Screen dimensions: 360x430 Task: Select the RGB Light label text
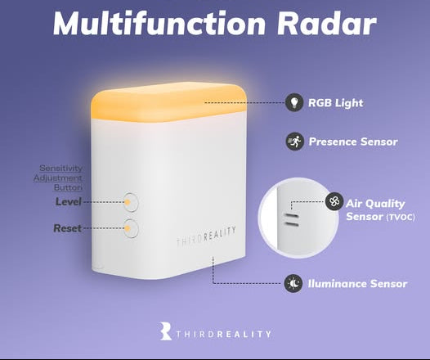pyautogui.click(x=336, y=103)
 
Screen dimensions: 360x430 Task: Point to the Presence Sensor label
pyautogui.click(x=353, y=142)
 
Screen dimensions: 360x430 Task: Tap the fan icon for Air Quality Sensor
pyautogui.click(x=334, y=201)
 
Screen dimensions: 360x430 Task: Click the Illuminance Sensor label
pyautogui.click(x=358, y=284)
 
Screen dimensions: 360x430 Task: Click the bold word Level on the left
pyautogui.click(x=69, y=201)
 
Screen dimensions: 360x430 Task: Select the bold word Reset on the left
pyautogui.click(x=68, y=228)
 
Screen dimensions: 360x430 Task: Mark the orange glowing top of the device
pyautogui.click(x=168, y=100)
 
